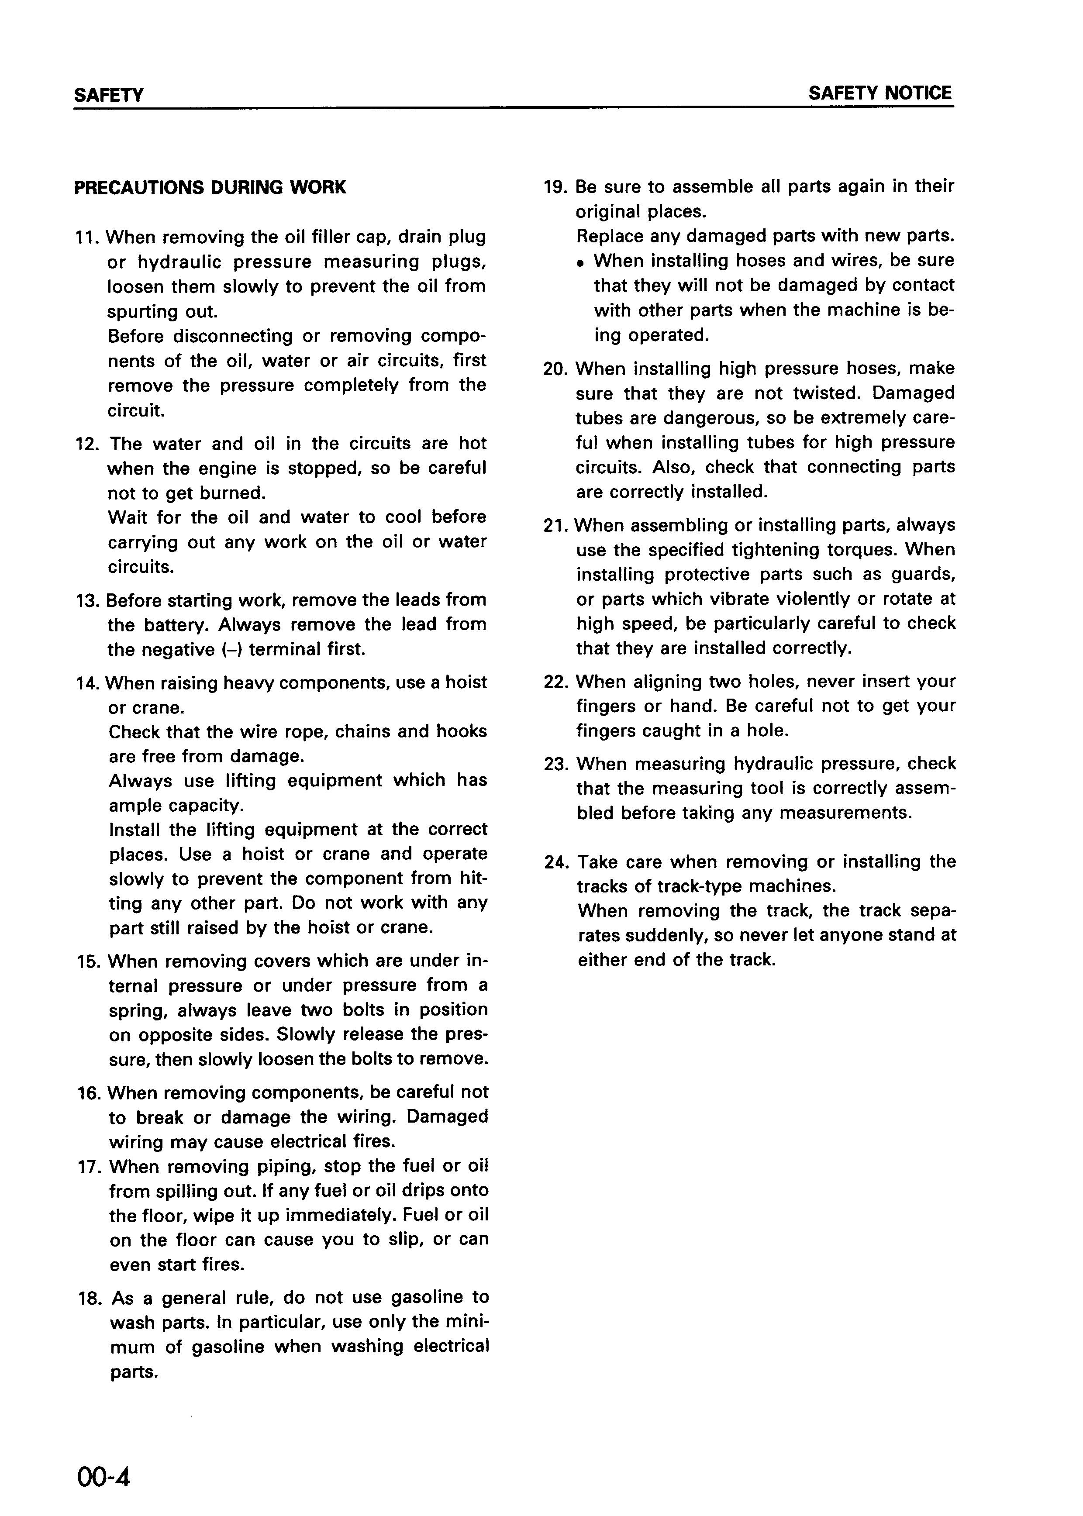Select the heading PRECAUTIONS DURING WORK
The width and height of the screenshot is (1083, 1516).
pyautogui.click(x=210, y=187)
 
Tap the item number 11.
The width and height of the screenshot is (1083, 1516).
pyautogui.click(x=88, y=238)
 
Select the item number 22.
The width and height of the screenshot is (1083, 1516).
pyautogui.click(x=557, y=682)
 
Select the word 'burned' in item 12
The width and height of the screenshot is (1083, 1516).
pyautogui.click(x=231, y=493)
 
